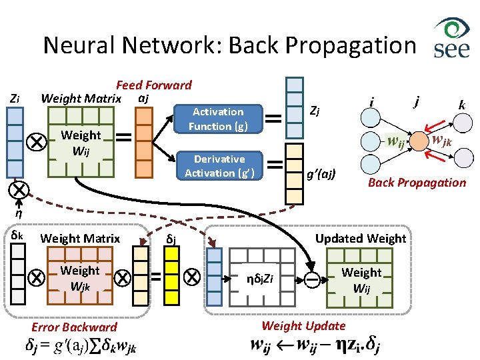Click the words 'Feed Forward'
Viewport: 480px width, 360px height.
click(153, 85)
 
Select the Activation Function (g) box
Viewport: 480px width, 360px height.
click(218, 119)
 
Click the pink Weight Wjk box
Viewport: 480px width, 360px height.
click(79, 277)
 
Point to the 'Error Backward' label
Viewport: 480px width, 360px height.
click(73, 327)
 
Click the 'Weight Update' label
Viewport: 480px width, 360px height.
click(303, 325)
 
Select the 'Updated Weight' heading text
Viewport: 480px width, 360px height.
click(360, 238)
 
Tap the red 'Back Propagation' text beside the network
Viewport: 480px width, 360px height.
click(417, 182)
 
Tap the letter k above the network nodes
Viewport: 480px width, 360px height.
click(461, 105)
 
